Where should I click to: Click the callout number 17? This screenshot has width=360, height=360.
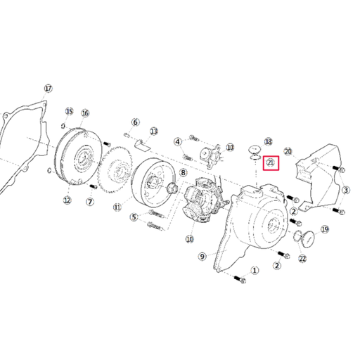pos(48,89)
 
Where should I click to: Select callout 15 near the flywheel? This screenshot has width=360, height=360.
pos(70,112)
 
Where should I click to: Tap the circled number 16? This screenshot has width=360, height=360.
pos(85,113)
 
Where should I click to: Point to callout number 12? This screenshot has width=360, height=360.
pos(67,200)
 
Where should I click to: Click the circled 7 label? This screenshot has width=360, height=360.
pos(89,202)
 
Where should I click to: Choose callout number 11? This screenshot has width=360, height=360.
pos(117,207)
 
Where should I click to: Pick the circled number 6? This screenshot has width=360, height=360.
pos(136,122)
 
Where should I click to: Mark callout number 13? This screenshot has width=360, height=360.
pos(154,131)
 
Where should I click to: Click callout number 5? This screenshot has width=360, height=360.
pos(134,217)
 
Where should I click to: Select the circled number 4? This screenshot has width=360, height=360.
pos(178,141)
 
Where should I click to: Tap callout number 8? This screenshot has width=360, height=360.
pos(184,172)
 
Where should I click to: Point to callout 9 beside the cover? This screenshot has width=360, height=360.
pos(202,257)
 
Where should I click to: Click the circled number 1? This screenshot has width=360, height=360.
pos(255,269)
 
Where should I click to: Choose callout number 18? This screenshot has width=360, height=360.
pos(268,142)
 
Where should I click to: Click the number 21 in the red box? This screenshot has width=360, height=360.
pos(271,164)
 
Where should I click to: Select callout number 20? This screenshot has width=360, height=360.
pos(287,151)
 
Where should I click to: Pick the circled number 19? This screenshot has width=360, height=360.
pos(325,229)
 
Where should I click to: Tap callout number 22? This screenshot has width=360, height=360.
pos(302,259)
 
